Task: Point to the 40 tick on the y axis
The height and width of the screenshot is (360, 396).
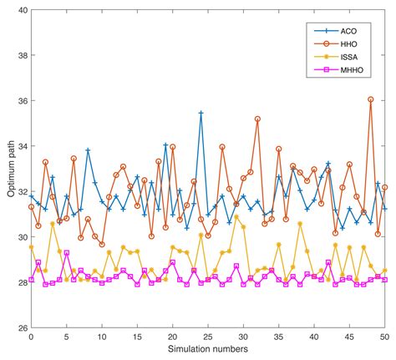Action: (21, 10)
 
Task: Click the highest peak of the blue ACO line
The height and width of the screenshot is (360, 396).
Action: (201, 113)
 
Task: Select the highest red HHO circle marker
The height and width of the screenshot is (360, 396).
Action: (370, 99)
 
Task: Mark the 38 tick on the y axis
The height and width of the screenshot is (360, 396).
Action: (21, 55)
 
